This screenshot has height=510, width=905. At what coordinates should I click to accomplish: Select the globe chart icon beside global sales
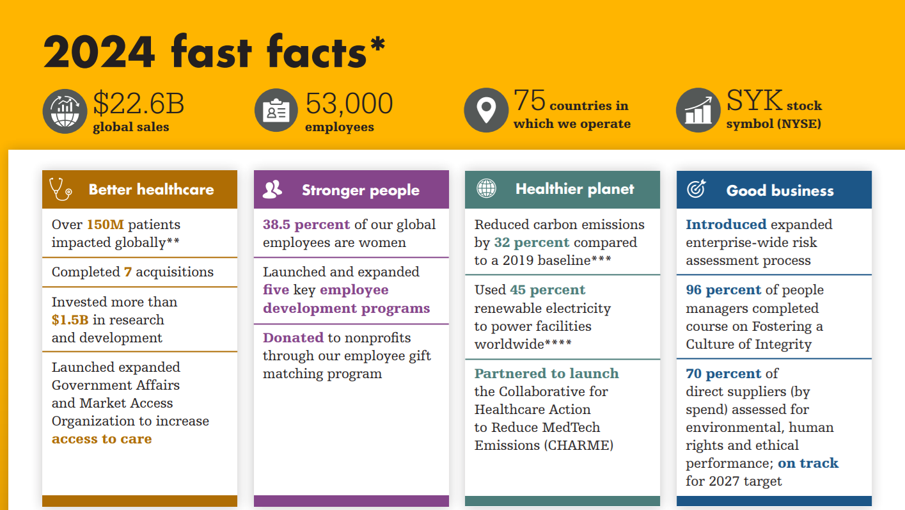[65, 110]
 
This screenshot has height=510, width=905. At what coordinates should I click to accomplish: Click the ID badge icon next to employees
[276, 110]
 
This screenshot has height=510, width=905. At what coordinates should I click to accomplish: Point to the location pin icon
[486, 110]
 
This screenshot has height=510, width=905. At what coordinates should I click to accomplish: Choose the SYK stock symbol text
[755, 101]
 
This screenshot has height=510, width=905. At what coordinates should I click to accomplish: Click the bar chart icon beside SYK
[698, 110]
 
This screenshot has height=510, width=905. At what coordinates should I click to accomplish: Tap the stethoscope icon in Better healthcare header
[60, 189]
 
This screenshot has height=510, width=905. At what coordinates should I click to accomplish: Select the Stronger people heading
[361, 190]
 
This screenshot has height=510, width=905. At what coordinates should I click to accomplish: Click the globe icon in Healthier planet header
[486, 189]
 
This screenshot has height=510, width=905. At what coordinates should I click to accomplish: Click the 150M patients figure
[106, 225]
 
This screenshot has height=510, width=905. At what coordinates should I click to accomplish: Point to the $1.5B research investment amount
[70, 320]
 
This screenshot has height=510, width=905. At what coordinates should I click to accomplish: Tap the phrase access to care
[102, 439]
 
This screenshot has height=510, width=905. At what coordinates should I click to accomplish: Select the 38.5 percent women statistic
[306, 225]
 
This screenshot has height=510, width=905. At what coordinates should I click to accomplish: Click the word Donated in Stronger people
[293, 338]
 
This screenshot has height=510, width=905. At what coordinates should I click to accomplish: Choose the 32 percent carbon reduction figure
[531, 243]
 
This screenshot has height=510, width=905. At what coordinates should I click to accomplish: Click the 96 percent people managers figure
[723, 290]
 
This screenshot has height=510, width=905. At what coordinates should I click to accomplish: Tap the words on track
[808, 463]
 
